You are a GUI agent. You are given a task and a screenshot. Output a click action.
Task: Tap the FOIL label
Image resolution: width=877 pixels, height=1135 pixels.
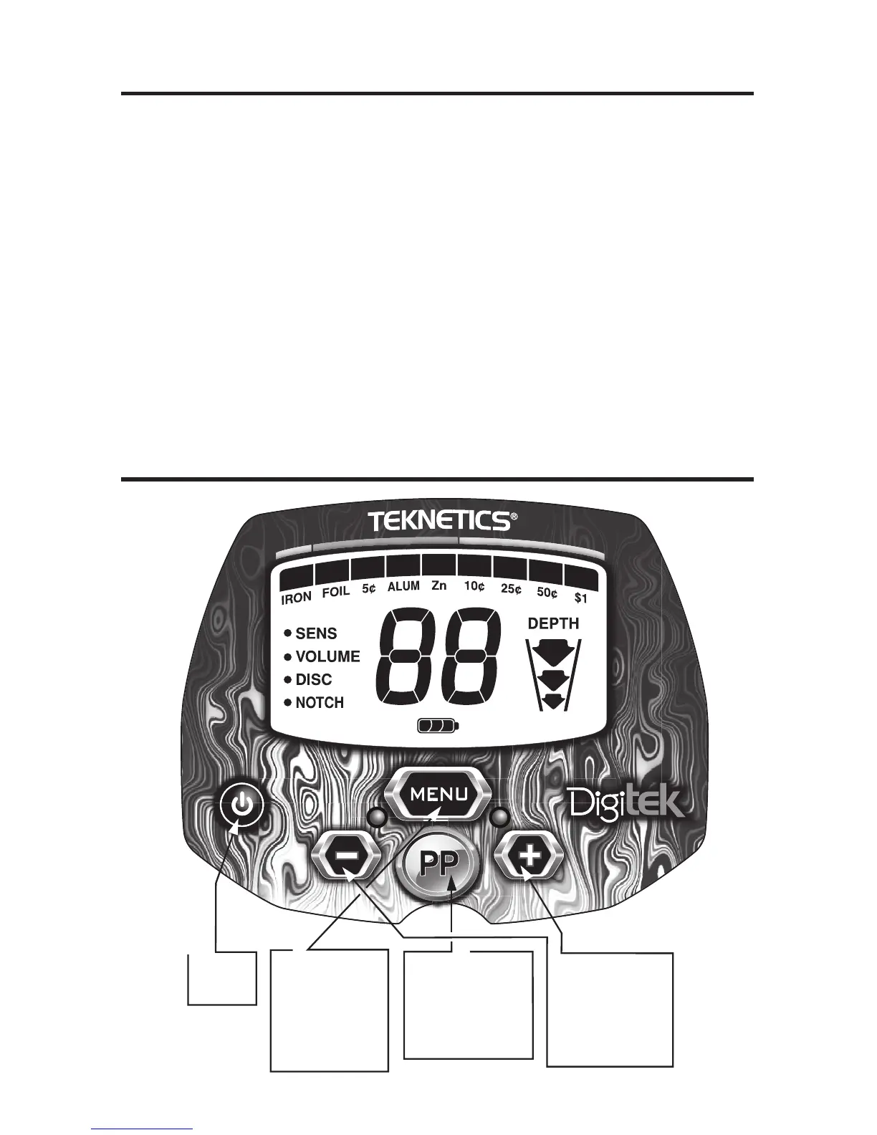coord(335,592)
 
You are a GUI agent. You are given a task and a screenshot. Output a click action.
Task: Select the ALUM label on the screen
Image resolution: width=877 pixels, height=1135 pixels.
coord(403,587)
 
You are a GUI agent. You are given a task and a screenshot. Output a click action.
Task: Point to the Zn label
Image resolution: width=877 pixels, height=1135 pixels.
coord(439,585)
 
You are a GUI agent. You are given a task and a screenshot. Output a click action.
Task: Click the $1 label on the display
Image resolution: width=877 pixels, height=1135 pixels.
coord(581,598)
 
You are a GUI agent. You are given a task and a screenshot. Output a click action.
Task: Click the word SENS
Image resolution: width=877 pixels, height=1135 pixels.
coord(316,633)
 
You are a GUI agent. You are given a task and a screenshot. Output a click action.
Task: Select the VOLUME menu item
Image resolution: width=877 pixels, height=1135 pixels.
coord(327,656)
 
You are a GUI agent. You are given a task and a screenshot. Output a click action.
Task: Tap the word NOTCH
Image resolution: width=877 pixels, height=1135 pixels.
coord(320,703)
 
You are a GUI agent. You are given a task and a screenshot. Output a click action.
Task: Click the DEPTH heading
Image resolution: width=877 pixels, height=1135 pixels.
coord(553,623)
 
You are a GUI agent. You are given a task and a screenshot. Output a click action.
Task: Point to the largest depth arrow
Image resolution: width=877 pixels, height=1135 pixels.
coord(553,653)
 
